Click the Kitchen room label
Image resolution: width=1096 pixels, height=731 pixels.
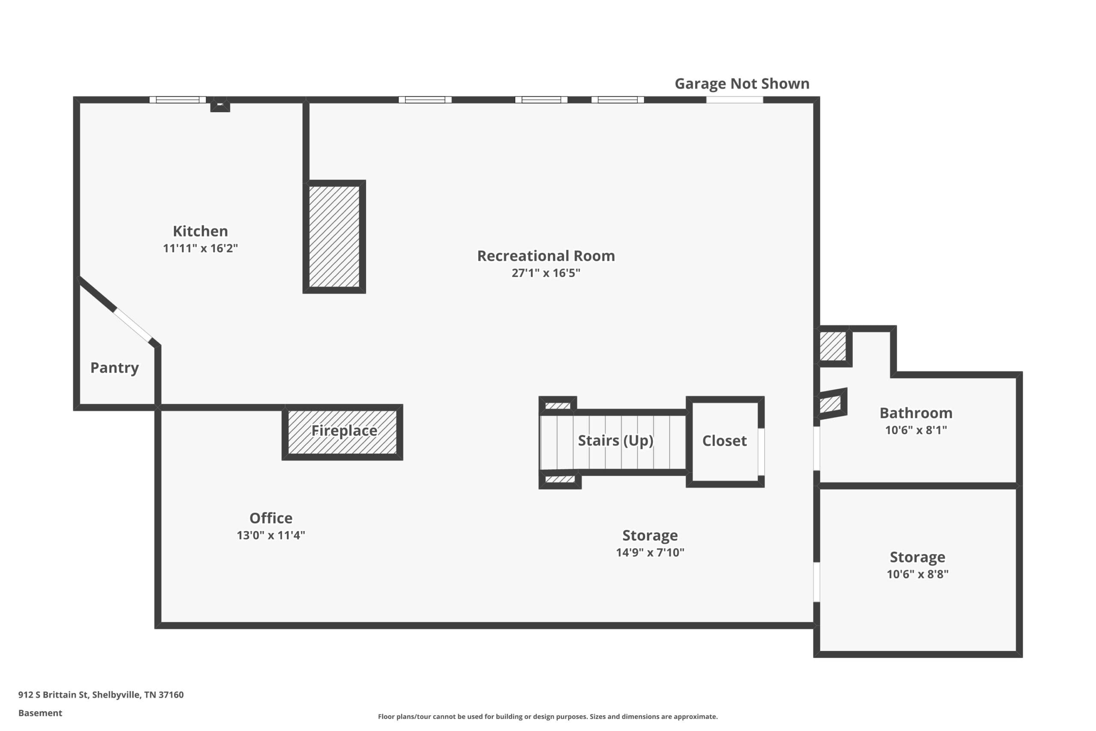[200, 231]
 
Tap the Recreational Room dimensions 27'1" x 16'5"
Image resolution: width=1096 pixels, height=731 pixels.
[546, 273]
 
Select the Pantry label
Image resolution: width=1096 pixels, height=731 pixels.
[115, 368]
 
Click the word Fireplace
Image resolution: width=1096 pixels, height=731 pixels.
[344, 431]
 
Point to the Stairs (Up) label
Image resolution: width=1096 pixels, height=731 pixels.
[616, 441]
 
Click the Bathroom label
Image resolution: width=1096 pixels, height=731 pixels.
[916, 413]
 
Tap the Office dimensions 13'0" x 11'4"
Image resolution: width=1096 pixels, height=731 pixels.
[271, 535]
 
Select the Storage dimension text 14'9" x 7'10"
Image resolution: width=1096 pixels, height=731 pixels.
[650, 552]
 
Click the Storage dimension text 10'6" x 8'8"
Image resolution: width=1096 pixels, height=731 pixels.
[917, 574]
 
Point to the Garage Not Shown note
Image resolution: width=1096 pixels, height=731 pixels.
[742, 84]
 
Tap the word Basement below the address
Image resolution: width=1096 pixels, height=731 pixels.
[40, 713]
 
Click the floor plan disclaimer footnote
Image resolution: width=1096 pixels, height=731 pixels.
[548, 716]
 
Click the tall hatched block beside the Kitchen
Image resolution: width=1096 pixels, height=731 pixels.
[334, 237]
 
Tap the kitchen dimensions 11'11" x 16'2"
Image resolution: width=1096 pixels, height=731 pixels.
[200, 248]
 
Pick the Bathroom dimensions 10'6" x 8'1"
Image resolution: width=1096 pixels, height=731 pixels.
[916, 430]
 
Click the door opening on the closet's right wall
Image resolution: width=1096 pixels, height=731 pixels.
[761, 452]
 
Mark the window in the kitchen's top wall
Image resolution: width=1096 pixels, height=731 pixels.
[178, 100]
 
